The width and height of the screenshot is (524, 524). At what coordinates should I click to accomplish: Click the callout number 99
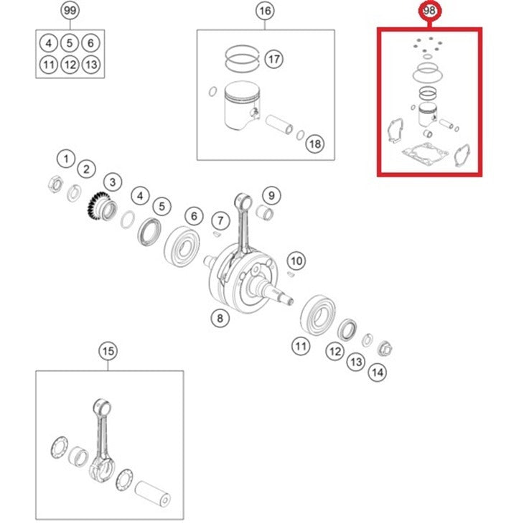[70, 11]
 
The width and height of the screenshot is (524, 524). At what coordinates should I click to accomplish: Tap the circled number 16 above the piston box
[265, 11]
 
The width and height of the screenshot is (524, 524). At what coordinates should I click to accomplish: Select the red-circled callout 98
[429, 11]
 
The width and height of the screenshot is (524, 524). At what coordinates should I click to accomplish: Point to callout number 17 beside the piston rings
[273, 59]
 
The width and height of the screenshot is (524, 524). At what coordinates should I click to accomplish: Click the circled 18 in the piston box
[315, 144]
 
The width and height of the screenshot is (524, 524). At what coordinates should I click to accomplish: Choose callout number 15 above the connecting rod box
[108, 351]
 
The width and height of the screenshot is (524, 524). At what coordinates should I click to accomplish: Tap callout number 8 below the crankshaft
[220, 318]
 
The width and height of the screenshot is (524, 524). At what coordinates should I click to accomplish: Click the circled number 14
[378, 372]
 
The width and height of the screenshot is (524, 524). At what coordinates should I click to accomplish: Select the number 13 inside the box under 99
[91, 64]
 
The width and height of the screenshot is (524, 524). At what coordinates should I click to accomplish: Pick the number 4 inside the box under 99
[49, 43]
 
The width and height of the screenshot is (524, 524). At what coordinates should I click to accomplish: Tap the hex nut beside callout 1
[55, 184]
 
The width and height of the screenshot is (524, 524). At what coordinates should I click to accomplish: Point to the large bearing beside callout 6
[182, 246]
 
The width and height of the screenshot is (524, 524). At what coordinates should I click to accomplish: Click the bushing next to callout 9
[265, 213]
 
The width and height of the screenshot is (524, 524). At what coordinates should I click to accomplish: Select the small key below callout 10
[291, 274]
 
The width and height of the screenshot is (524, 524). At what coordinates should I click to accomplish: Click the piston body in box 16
[241, 106]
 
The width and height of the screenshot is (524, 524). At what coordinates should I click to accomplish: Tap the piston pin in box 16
[279, 124]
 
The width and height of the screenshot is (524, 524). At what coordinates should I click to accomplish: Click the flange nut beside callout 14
[385, 349]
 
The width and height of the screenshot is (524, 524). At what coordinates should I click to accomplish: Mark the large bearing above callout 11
[318, 315]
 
